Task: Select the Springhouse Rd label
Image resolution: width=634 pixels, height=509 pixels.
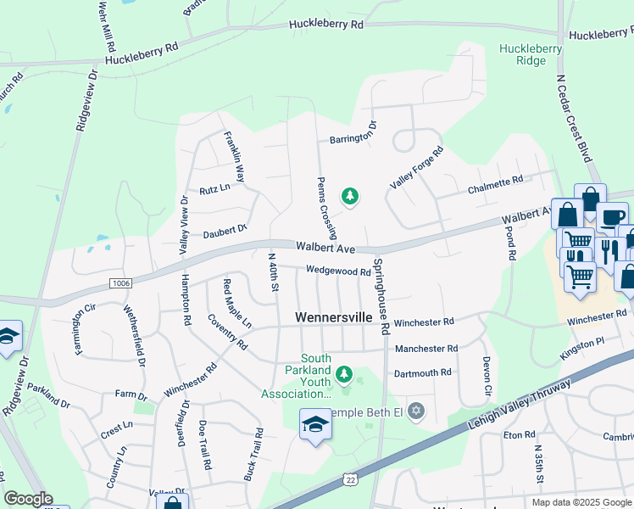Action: [381, 296]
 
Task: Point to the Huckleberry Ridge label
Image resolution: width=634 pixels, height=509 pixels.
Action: [531, 54]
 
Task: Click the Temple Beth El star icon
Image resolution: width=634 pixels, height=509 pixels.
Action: [414, 411]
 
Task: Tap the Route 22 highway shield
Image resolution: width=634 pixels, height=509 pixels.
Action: [349, 480]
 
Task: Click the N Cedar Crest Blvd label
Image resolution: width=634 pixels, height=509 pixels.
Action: [572, 118]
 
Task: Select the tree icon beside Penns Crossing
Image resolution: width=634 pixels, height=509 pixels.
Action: [349, 198]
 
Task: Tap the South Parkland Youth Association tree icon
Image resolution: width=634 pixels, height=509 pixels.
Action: [343, 373]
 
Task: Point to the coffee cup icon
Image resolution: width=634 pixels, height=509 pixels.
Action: [611, 217]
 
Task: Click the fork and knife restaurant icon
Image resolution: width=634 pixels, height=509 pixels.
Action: [609, 252]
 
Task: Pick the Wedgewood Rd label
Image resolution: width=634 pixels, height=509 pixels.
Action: [338, 272]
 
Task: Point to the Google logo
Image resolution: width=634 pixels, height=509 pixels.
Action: [28, 499]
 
